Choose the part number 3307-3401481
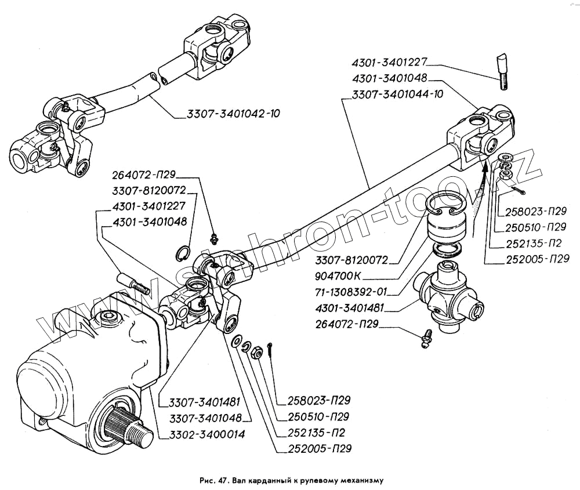[205, 401]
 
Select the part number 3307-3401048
[205, 418]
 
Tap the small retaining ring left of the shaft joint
[183, 253]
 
